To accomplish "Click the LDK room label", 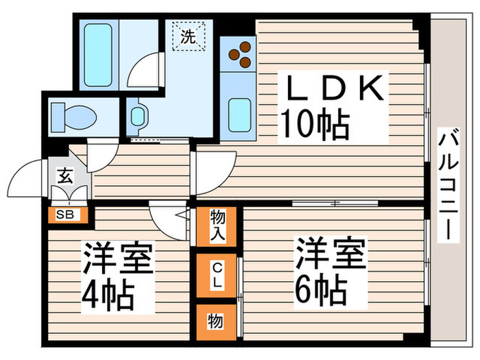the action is (333, 88).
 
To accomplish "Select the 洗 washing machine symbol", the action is (189, 36).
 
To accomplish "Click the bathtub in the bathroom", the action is (97, 55).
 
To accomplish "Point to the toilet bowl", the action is (74, 117).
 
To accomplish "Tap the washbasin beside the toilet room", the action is (137, 117).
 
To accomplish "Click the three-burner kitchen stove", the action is (240, 54).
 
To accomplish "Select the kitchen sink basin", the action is (240, 115).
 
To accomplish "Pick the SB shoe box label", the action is (65, 215).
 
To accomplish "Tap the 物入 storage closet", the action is (217, 226).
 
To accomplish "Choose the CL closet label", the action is (217, 275).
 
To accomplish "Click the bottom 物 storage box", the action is (216, 322).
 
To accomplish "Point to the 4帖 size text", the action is (108, 296).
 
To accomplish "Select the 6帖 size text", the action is (321, 291).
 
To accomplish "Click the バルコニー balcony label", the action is (448, 184).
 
